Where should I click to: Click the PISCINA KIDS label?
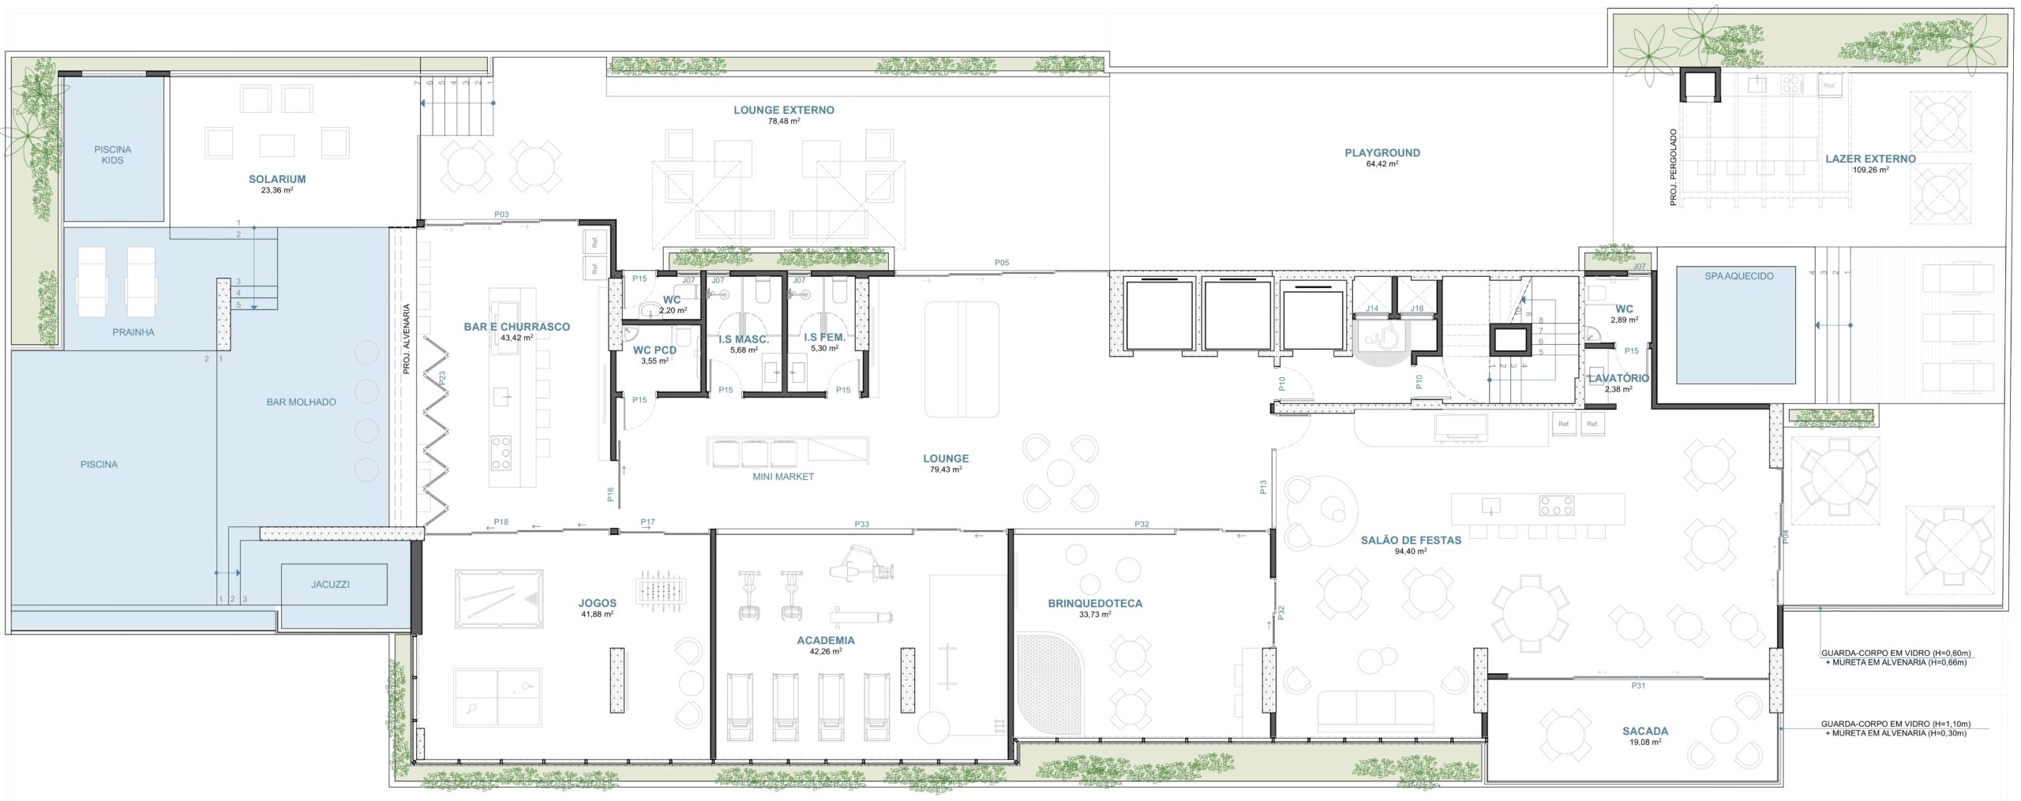[x=112, y=155]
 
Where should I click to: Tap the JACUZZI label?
[x=330, y=585]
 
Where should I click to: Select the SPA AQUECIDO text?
[x=1739, y=276]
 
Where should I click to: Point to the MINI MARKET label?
[x=783, y=477]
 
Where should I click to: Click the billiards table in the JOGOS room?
[x=499, y=600]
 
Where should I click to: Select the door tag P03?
[x=501, y=215]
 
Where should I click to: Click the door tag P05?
[x=1002, y=263]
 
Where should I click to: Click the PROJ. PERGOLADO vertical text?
[x=1674, y=168]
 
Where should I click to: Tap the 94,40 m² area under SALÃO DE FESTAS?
[x=1411, y=552]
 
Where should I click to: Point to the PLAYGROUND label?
[x=1382, y=153]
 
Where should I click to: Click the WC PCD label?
[x=654, y=350]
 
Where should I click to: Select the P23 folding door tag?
[x=442, y=378]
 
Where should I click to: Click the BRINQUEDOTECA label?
[x=1095, y=604]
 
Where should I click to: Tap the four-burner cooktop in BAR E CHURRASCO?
[x=501, y=453]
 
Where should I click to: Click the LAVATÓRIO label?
[x=1618, y=379]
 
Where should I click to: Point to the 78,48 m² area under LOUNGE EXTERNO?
[x=784, y=122]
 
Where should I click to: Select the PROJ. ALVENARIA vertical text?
[x=407, y=339]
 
